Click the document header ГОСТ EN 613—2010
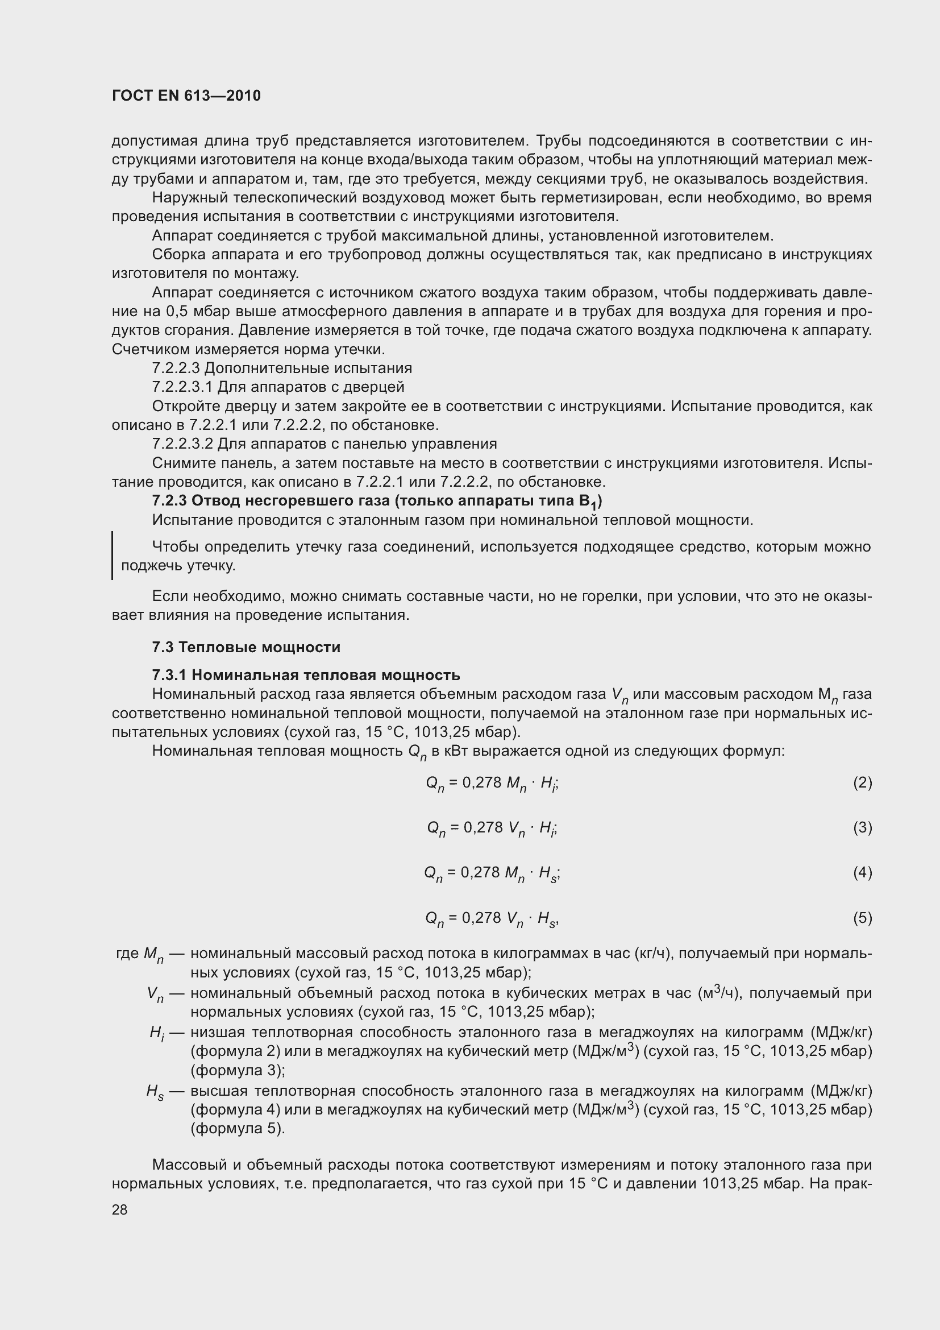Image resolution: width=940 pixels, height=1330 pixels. [186, 96]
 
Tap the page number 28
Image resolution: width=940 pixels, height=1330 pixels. [119, 1209]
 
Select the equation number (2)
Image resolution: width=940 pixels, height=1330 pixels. [862, 782]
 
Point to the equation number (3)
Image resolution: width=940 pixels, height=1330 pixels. [862, 827]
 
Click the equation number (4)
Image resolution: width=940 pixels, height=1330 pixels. [862, 872]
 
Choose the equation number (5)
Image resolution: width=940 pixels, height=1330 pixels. [862, 918]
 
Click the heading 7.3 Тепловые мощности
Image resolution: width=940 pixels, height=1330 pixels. [246, 647]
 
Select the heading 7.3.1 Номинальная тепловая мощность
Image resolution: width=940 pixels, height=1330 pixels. [306, 675]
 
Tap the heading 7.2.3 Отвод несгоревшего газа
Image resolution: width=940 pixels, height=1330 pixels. [376, 501]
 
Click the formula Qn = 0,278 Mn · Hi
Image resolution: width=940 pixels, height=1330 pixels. [492, 783]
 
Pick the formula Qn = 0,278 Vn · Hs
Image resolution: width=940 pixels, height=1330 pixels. [492, 918]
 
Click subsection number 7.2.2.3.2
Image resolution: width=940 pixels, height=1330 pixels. [182, 444]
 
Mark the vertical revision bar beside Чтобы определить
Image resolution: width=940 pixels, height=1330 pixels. [113, 556]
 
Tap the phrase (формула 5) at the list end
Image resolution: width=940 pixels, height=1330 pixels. [238, 1129]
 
